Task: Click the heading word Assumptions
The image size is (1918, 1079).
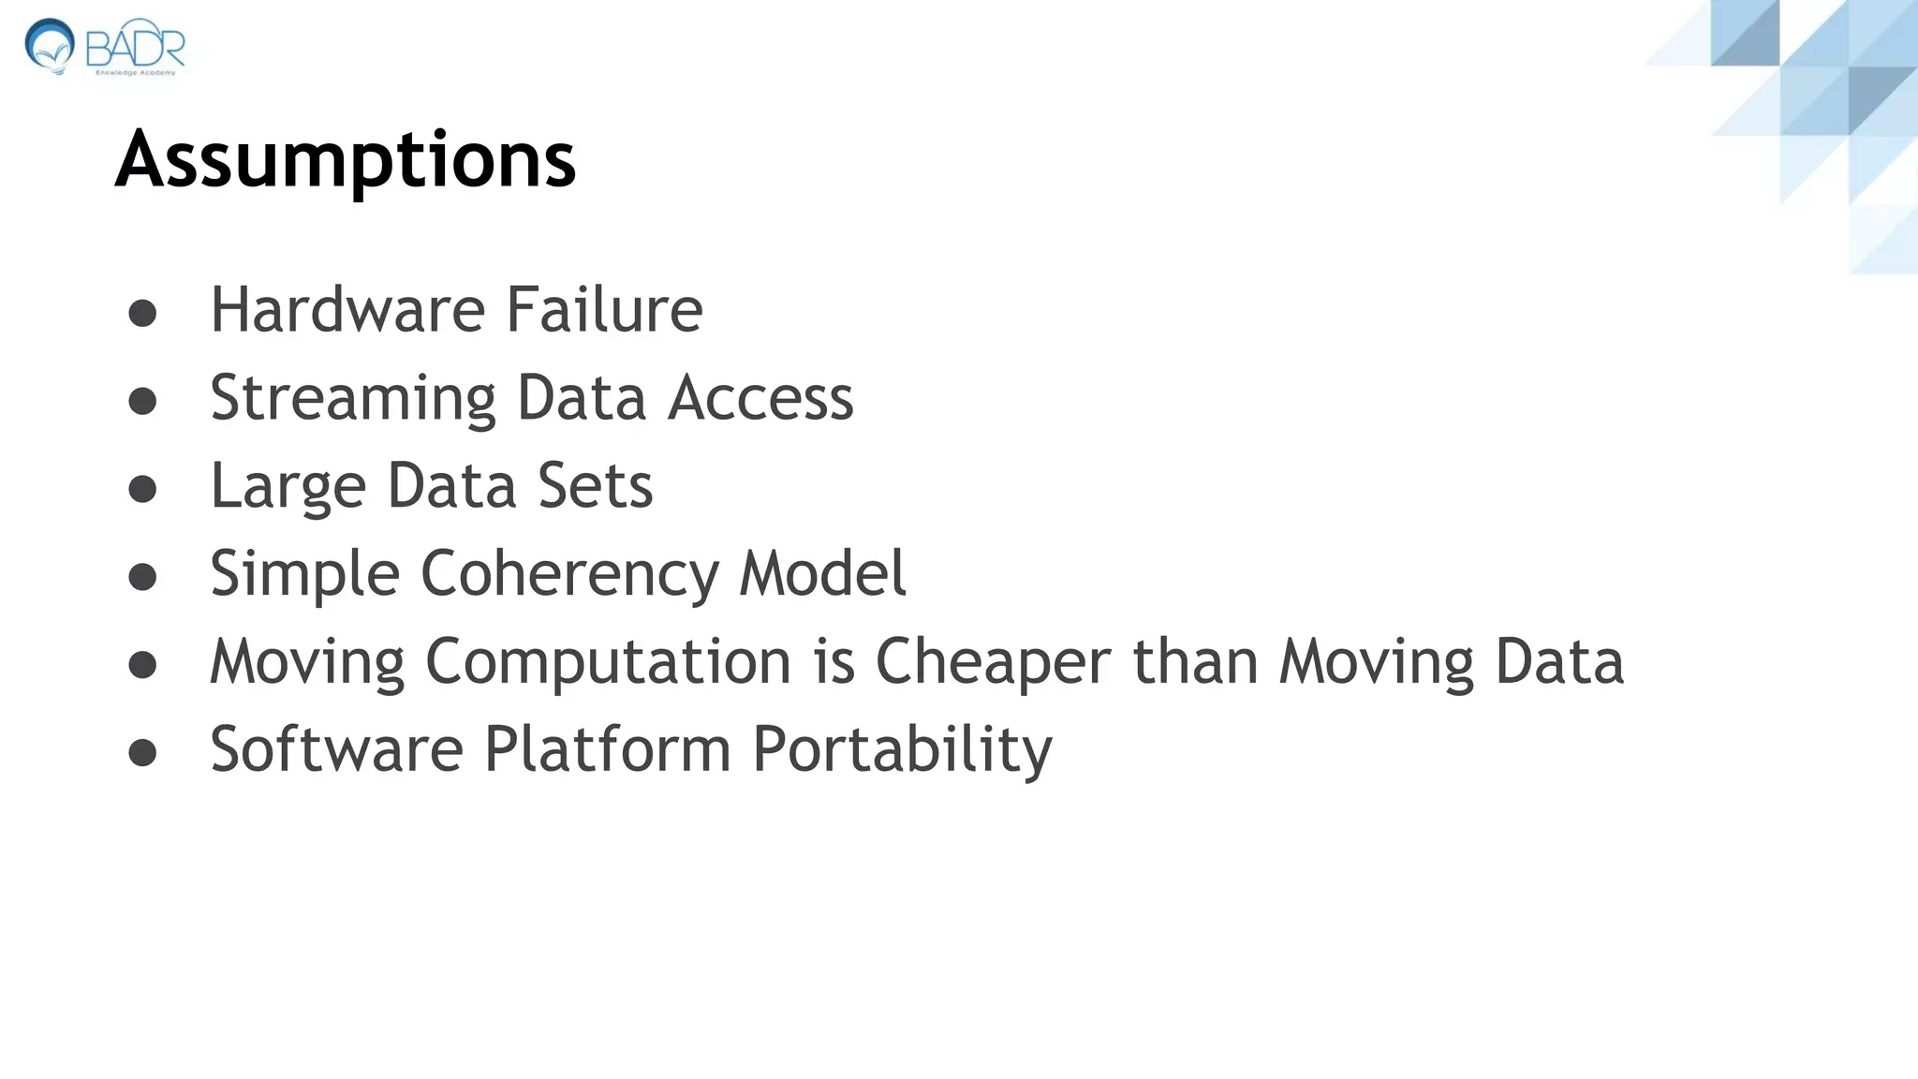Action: (345, 161)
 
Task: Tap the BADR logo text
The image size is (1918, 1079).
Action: (137, 45)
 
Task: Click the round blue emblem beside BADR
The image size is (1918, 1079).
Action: (49, 45)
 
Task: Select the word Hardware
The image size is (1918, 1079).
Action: (347, 310)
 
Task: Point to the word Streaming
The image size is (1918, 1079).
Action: (352, 399)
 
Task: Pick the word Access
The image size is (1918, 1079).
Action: (760, 398)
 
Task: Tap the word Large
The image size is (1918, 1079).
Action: (288, 487)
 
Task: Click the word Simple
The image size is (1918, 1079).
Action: (304, 575)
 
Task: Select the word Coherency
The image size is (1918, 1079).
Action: (569, 575)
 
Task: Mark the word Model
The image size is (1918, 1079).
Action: (822, 573)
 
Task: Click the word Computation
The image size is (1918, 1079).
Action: (609, 662)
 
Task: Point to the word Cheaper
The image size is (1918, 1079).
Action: (993, 662)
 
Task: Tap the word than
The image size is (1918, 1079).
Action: (1195, 661)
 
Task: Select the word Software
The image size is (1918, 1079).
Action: (336, 749)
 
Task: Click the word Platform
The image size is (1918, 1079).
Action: (607, 749)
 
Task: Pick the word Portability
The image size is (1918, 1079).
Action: (903, 751)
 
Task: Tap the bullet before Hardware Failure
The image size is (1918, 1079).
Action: (142, 313)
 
